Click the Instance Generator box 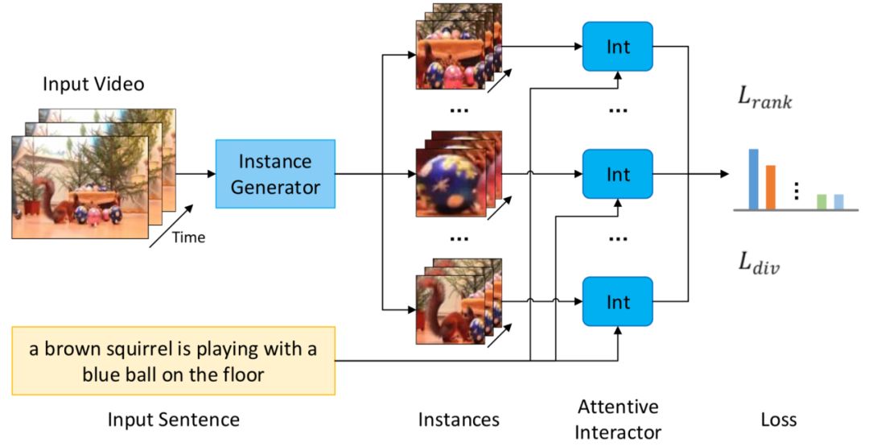click(x=274, y=174)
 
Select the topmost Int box click(x=617, y=47)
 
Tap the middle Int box click(x=617, y=174)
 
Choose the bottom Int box click(x=617, y=302)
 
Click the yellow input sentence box click(x=173, y=361)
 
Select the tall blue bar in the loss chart click(x=753, y=179)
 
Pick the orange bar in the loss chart click(x=770, y=187)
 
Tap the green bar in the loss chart click(x=822, y=201)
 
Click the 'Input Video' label click(x=93, y=84)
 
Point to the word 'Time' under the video click(x=189, y=237)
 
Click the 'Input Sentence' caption click(x=173, y=419)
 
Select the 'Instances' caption click(x=459, y=419)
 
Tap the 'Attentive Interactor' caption click(x=617, y=419)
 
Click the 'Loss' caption click(x=778, y=419)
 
